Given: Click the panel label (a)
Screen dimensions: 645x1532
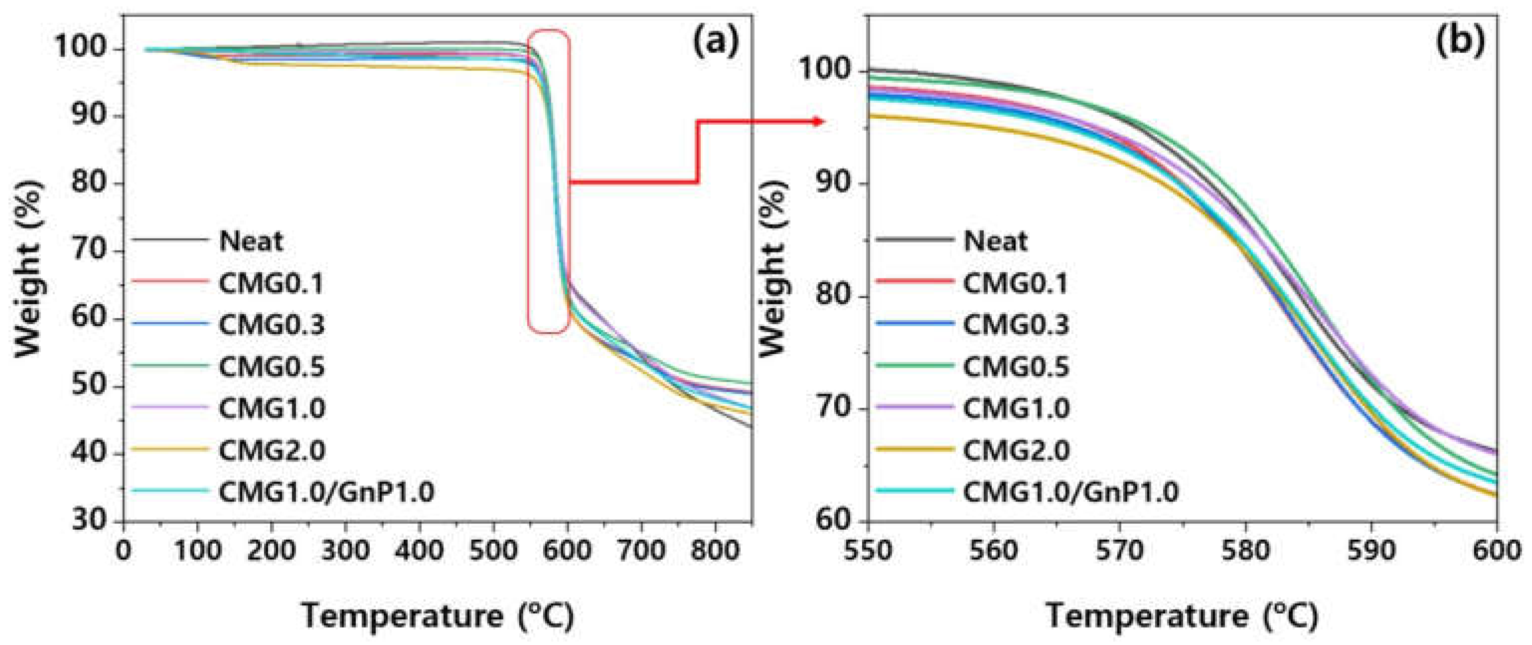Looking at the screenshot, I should (716, 43).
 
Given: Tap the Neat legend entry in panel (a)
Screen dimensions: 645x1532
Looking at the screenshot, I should (251, 241).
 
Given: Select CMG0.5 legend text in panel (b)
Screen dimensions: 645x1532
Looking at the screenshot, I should (1016, 367).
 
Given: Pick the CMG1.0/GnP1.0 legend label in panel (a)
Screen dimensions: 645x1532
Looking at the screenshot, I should (326, 492).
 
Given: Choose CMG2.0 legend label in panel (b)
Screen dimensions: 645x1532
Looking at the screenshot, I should (1016, 450).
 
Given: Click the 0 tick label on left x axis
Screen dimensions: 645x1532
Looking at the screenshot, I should (124, 550).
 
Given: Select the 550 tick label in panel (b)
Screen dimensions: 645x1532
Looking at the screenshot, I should (868, 550).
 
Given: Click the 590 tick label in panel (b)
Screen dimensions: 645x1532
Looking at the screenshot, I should (1371, 550).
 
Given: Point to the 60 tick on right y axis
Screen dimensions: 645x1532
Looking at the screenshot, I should (833, 521).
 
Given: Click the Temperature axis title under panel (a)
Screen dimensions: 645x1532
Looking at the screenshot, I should (438, 616).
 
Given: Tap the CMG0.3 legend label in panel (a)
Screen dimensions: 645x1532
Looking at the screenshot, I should (272, 325).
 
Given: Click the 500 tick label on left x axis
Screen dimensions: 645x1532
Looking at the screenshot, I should (493, 550).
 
